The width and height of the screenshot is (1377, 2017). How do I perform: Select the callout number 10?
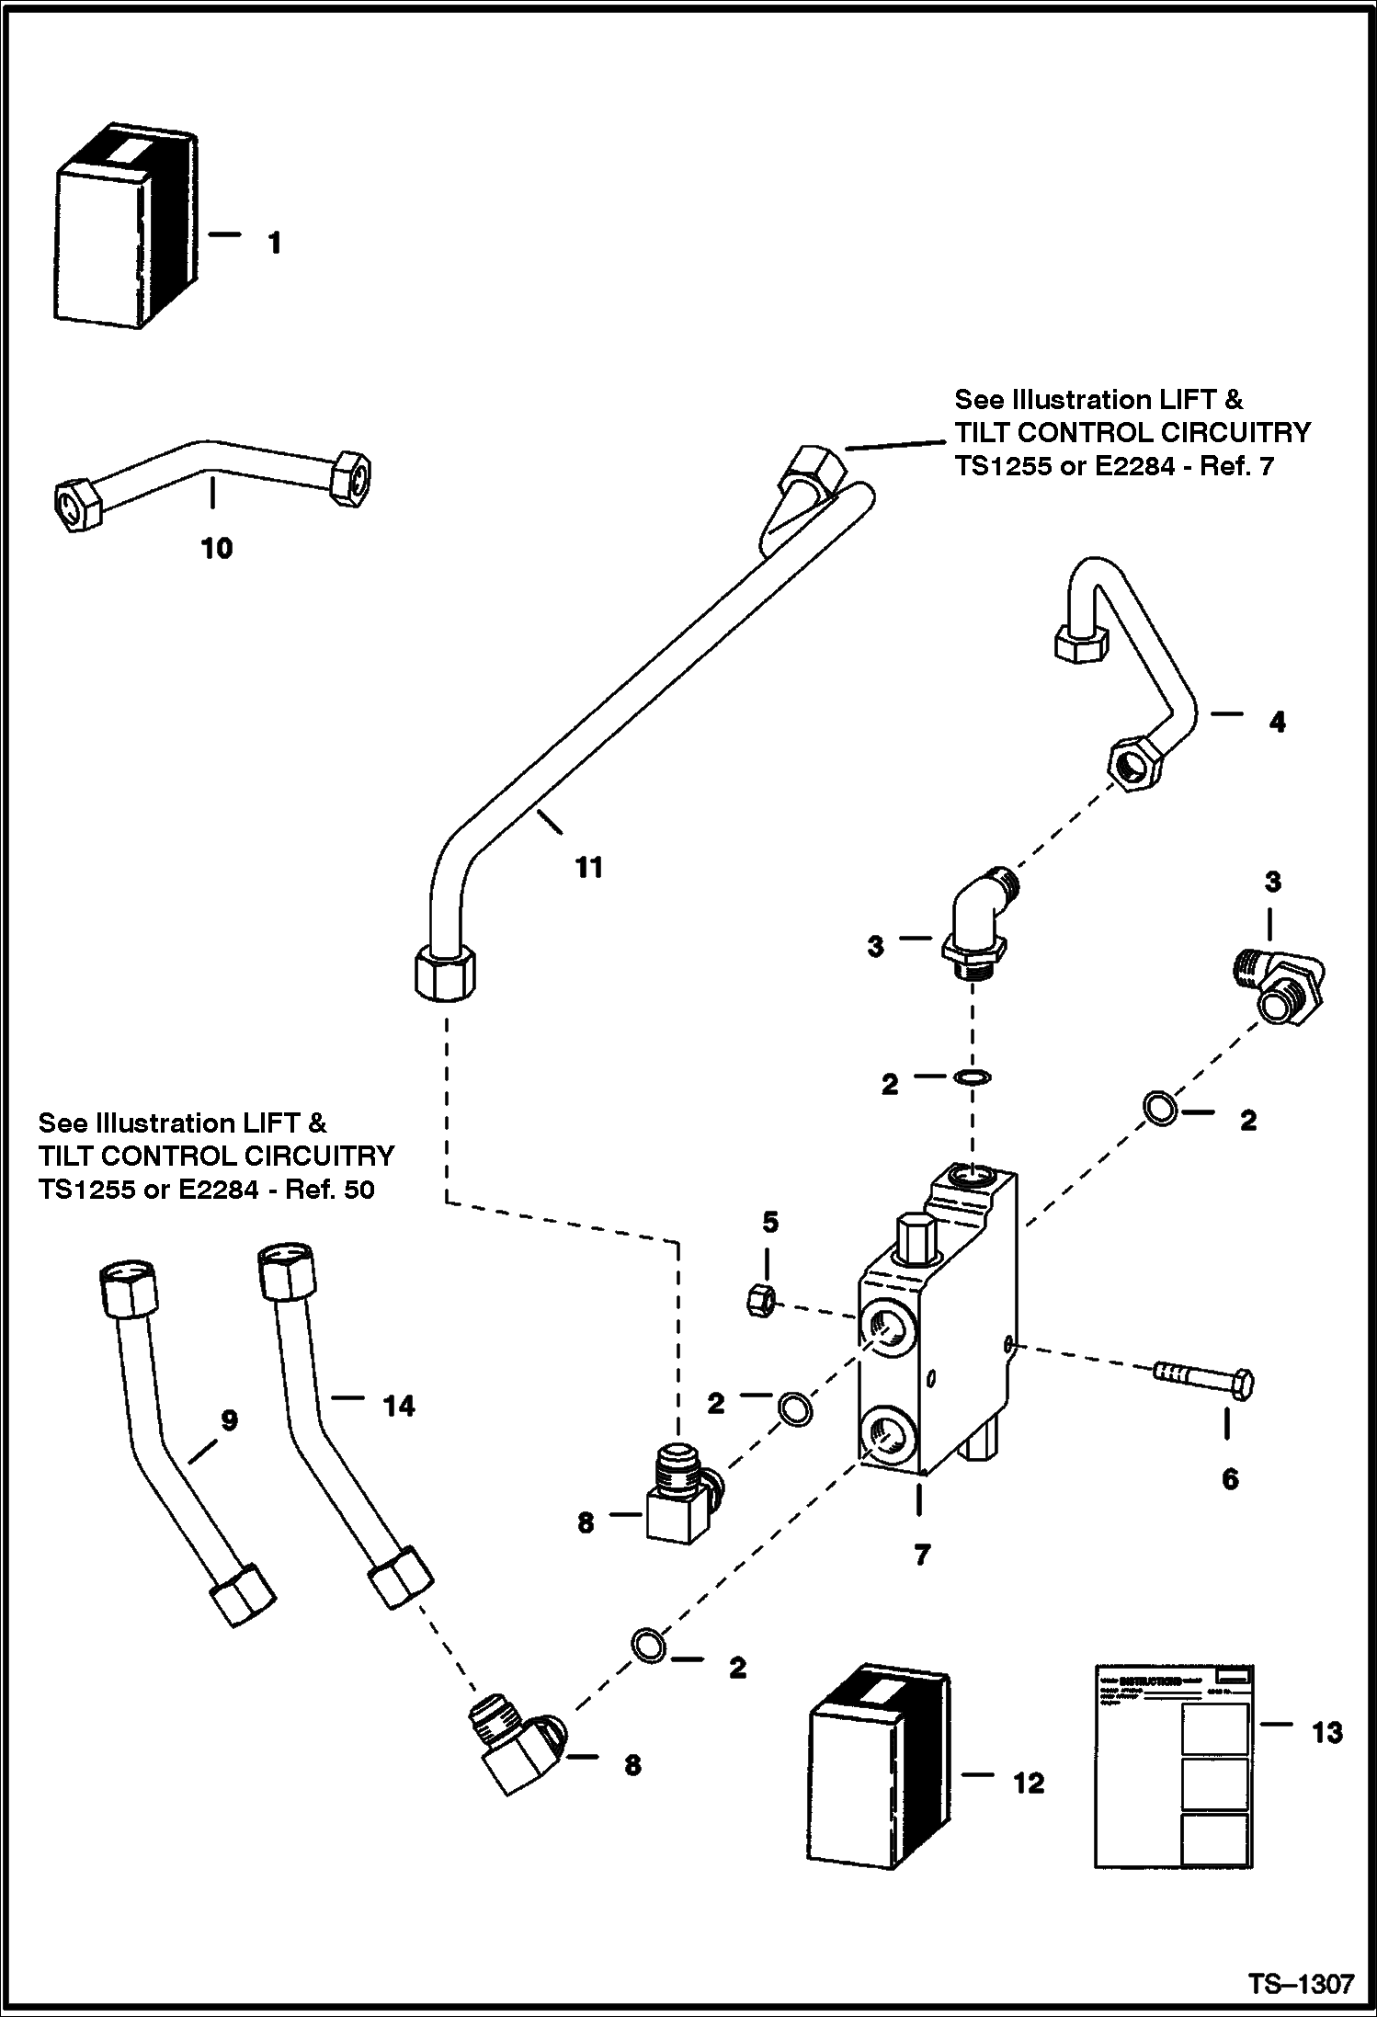217,549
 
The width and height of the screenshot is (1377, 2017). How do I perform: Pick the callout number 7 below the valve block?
922,1555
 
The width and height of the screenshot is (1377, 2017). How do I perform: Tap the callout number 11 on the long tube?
588,867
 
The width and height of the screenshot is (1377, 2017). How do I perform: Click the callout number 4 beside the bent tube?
1277,723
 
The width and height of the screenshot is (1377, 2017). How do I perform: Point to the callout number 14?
399,1405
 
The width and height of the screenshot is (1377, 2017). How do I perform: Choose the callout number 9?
229,1420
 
